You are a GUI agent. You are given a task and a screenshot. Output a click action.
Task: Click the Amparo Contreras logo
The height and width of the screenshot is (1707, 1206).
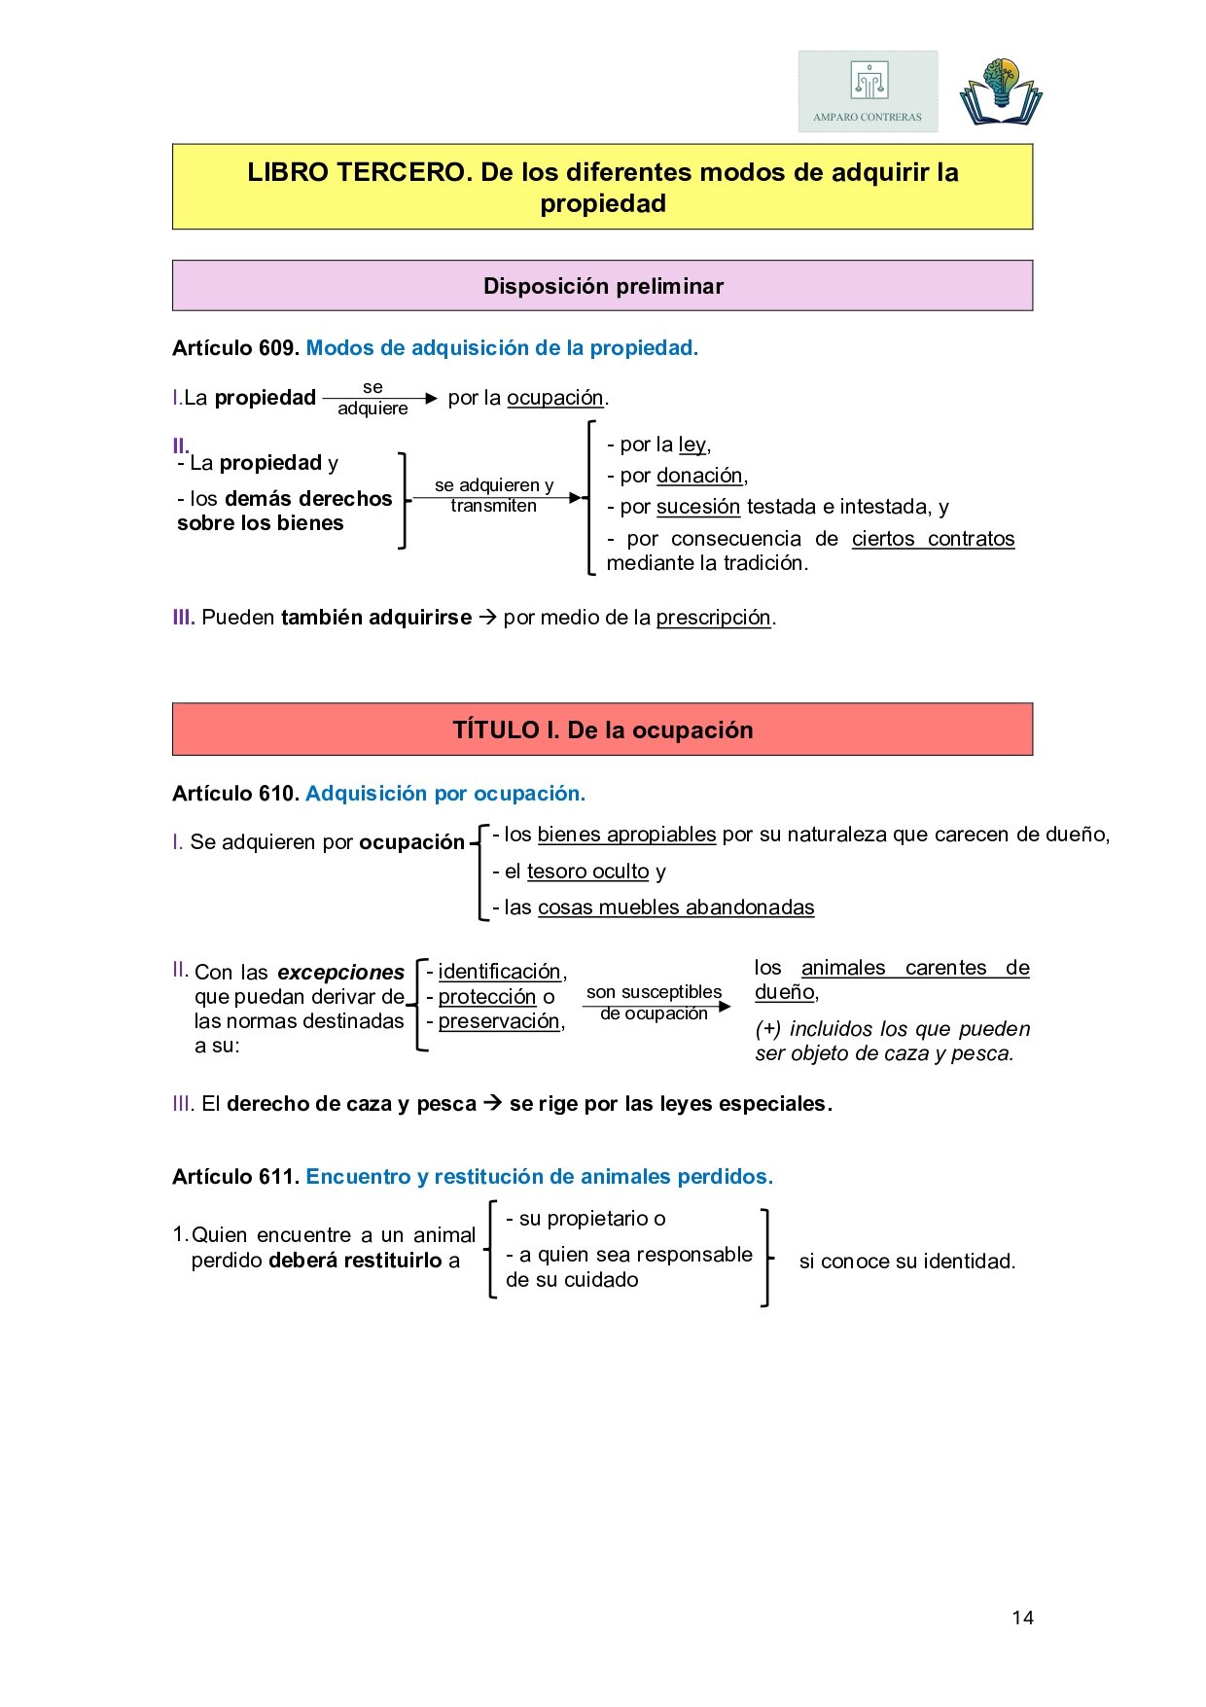pyautogui.click(x=868, y=91)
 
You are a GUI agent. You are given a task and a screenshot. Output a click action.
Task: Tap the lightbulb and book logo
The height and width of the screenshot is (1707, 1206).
pyautogui.click(x=1001, y=92)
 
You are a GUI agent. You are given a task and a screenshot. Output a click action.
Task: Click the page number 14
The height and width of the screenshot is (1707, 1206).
pyautogui.click(x=1022, y=1618)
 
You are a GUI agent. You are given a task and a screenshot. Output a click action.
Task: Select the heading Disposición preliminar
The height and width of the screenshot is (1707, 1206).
pyautogui.click(x=603, y=286)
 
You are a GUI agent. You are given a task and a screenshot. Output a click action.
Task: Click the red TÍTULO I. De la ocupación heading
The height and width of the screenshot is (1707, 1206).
pyautogui.click(x=603, y=729)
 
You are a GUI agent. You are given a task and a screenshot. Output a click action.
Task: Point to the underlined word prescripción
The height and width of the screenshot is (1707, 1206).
pyautogui.click(x=713, y=618)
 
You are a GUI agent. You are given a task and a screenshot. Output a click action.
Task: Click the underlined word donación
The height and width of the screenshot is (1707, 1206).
pyautogui.click(x=699, y=476)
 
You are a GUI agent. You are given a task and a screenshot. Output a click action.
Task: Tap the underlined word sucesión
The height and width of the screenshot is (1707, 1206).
pyautogui.click(x=697, y=507)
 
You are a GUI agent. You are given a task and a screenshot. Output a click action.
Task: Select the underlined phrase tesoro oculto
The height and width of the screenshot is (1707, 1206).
pyautogui.click(x=587, y=871)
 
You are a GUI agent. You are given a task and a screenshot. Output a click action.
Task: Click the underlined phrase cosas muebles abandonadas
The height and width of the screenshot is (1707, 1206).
pyautogui.click(x=676, y=907)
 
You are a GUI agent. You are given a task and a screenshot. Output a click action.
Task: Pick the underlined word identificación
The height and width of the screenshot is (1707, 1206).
pyautogui.click(x=499, y=972)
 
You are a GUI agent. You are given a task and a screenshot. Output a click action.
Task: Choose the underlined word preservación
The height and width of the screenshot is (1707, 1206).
pyautogui.click(x=499, y=1021)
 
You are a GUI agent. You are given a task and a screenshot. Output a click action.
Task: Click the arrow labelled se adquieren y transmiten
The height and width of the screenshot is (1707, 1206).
pyautogui.click(x=496, y=497)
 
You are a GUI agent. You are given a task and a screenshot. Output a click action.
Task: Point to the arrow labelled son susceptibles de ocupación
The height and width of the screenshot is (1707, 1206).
pyautogui.click(x=657, y=1006)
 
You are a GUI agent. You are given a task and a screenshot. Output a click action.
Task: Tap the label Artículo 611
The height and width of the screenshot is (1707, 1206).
pyautogui.click(x=234, y=1177)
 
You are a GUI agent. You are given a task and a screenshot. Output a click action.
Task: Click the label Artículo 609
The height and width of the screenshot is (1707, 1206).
pyautogui.click(x=234, y=348)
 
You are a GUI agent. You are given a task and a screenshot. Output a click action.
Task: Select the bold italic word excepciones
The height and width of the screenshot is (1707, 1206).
pyautogui.click(x=340, y=973)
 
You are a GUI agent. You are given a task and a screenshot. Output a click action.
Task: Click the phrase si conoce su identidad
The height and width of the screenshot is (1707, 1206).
pyautogui.click(x=906, y=1262)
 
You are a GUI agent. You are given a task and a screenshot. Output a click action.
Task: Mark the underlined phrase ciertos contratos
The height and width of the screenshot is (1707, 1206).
pyautogui.click(x=933, y=539)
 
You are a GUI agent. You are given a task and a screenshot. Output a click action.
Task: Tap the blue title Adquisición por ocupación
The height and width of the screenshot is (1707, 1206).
pyautogui.click(x=445, y=794)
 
